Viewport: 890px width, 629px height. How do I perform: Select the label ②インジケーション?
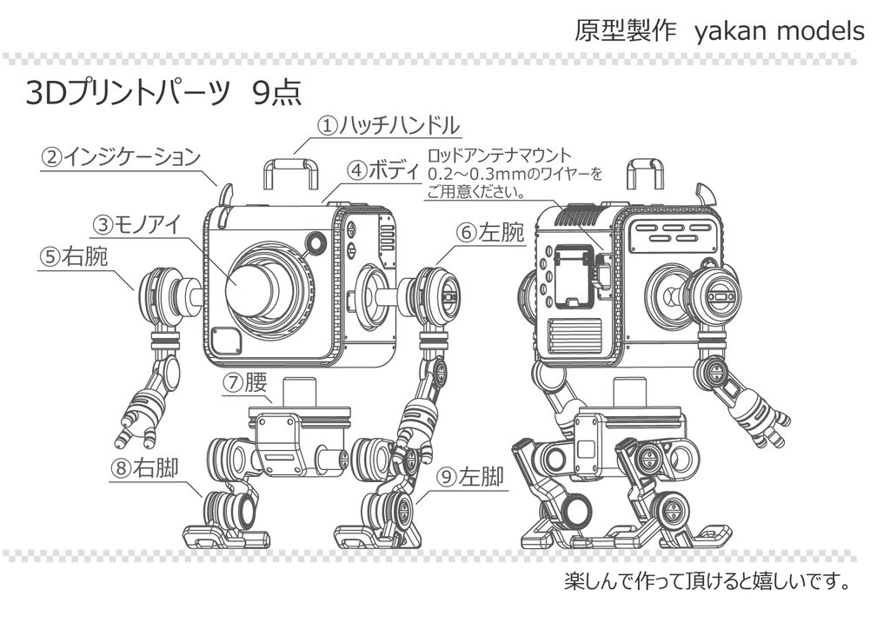121,157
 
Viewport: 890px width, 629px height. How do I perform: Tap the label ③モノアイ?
136,225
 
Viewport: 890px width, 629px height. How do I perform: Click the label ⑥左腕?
490,232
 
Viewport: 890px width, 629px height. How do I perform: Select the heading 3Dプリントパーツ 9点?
163,93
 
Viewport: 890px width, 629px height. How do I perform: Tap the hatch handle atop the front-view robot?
290,173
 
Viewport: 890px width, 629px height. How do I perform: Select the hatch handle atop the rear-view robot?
645,173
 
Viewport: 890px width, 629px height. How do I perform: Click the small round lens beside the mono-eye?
315,242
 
